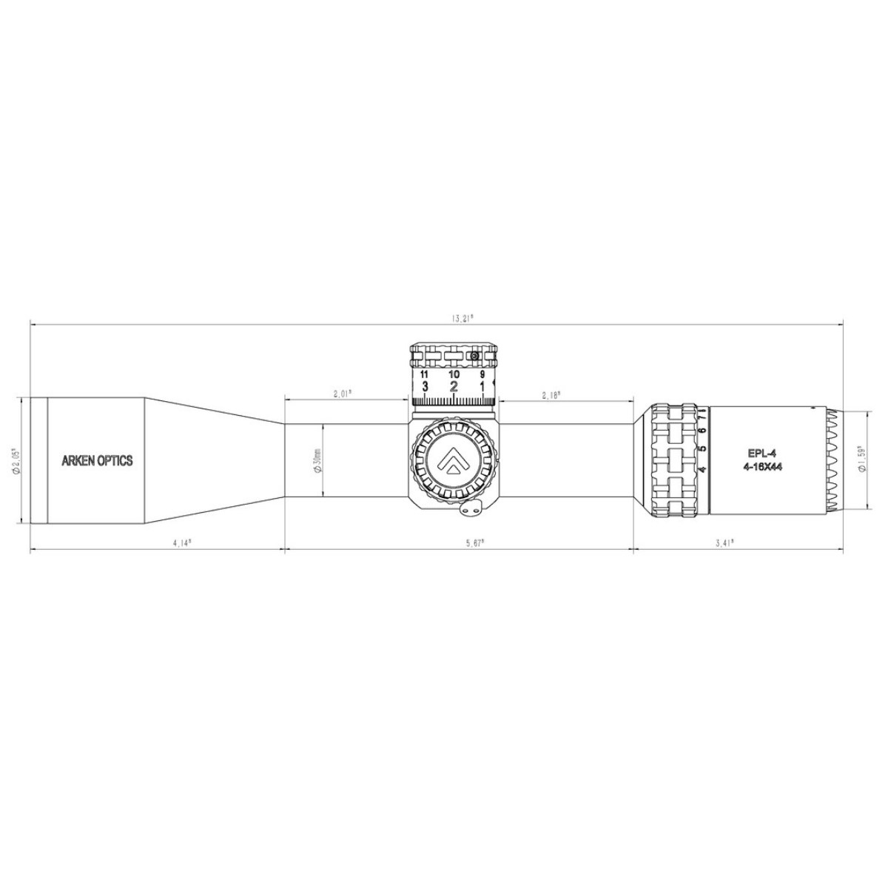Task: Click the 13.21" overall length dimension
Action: pyautogui.click(x=462, y=318)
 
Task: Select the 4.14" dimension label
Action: pyautogui.click(x=181, y=542)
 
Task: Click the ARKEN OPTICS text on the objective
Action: pyautogui.click(x=96, y=460)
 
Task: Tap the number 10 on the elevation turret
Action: pyautogui.click(x=453, y=374)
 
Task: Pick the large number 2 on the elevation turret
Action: pyautogui.click(x=454, y=386)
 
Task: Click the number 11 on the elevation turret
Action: pyautogui.click(x=424, y=374)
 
